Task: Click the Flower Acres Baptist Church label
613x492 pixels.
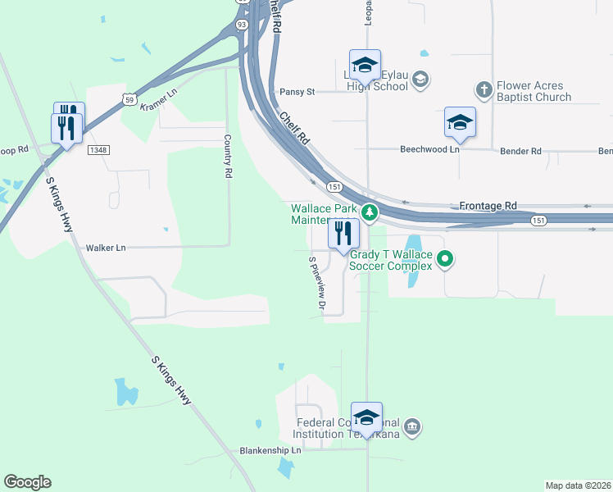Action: pos(534,91)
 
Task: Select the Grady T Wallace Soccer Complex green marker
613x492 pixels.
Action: pos(445,261)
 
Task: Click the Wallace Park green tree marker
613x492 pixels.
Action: pos(370,212)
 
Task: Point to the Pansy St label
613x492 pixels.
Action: pos(297,92)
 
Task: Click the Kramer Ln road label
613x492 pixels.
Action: pos(158,102)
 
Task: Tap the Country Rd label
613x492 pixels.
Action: pos(229,157)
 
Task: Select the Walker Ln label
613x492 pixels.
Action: pos(107,247)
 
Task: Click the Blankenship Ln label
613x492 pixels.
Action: pos(270,450)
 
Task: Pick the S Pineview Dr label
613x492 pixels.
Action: pos(316,284)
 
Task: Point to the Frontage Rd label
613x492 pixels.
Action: pos(488,205)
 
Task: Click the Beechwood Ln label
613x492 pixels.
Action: pos(429,150)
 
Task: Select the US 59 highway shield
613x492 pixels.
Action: pos(129,98)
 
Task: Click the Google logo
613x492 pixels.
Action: pos(27,482)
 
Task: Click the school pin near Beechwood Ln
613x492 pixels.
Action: pos(460,122)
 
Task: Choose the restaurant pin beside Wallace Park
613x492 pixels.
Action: pos(343,234)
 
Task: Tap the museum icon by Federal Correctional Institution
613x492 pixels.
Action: pos(412,426)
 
